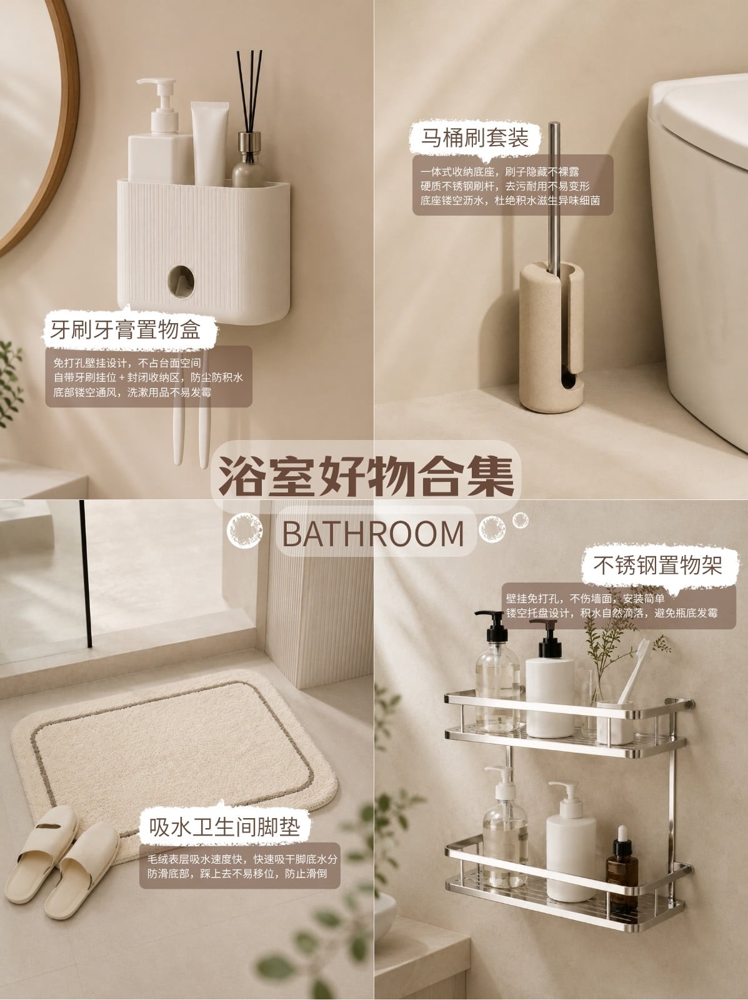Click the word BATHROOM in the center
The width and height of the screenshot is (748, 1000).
(x=373, y=534)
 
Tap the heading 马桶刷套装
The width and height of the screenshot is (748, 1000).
(x=475, y=137)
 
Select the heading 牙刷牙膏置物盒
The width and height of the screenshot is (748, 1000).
(x=125, y=329)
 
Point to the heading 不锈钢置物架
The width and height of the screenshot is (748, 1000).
(x=658, y=565)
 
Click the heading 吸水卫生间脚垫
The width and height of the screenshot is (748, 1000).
(x=225, y=827)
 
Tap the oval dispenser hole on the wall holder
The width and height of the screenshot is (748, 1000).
(x=181, y=281)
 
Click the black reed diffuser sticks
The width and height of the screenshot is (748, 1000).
(x=249, y=91)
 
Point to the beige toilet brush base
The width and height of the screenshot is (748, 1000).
(x=552, y=337)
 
